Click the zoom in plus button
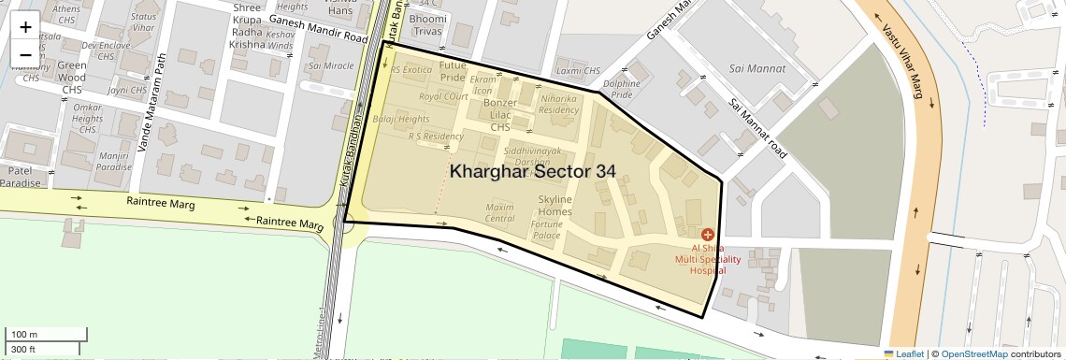coord(25,27)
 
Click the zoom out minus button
coord(25,55)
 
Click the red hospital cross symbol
coord(707,233)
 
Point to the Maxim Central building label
coord(500,212)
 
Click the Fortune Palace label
coord(546,229)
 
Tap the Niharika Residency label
coord(559,104)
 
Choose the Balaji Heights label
coord(401,120)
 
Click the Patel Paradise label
coord(22,177)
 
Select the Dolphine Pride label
coord(622,89)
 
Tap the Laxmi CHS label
coord(578,71)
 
